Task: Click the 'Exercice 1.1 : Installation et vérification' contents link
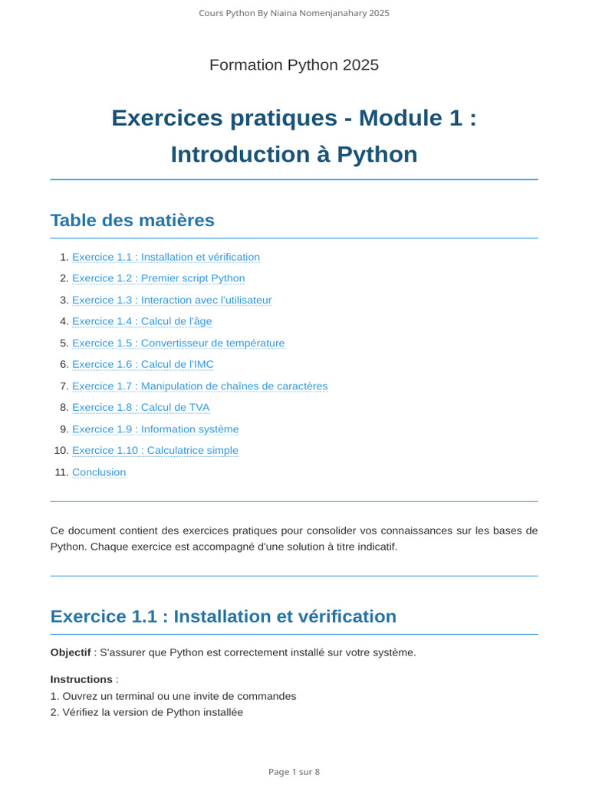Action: click(x=166, y=257)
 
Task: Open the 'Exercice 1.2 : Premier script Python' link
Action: click(x=158, y=278)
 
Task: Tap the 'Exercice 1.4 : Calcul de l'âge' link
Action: click(x=142, y=321)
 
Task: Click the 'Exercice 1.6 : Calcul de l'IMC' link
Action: click(x=143, y=364)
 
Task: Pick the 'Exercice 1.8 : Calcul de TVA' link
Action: click(x=140, y=407)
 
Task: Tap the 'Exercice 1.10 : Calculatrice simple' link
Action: click(x=155, y=450)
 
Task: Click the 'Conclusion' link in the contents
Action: click(x=99, y=472)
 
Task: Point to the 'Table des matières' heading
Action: click(x=132, y=220)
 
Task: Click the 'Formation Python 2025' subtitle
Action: click(x=294, y=64)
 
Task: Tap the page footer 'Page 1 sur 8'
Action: click(x=294, y=772)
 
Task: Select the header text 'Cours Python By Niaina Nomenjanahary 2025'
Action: click(x=294, y=13)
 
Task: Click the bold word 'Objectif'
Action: click(x=71, y=652)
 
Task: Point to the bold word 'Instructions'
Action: click(x=81, y=679)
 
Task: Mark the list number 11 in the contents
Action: click(x=62, y=472)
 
